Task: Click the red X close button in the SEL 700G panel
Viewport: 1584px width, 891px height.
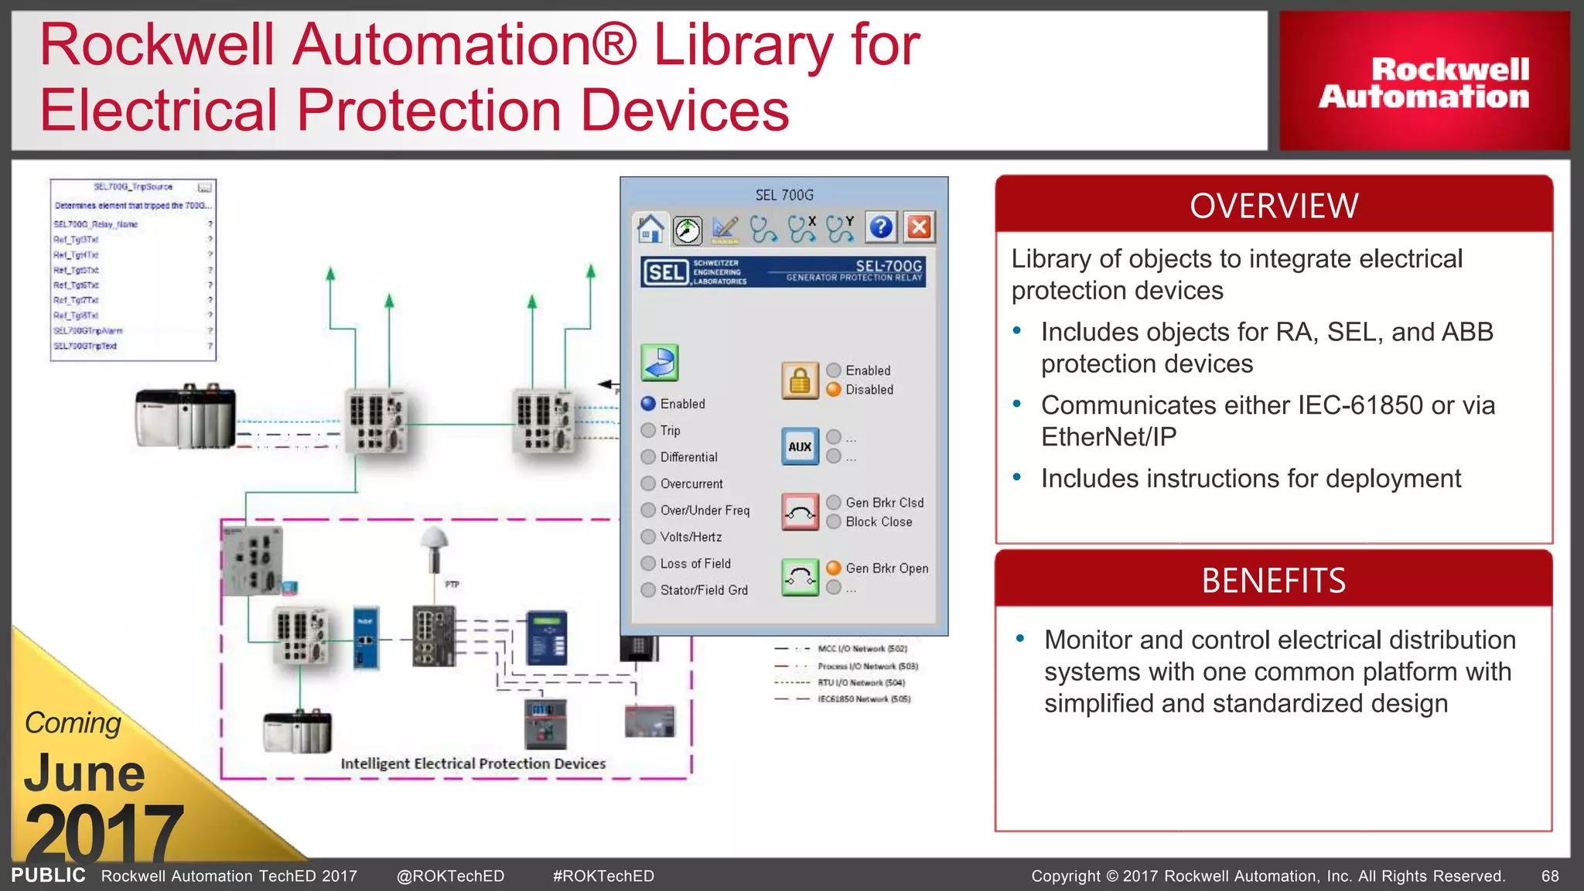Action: point(919,227)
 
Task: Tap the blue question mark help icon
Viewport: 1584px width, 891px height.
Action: point(881,227)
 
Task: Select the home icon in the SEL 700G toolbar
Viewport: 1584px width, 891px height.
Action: point(650,228)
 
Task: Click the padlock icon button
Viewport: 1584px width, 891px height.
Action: point(800,381)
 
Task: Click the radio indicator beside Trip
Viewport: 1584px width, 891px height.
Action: point(648,431)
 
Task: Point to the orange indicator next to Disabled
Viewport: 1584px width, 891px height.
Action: point(834,390)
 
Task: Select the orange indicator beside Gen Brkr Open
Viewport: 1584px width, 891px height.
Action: point(834,568)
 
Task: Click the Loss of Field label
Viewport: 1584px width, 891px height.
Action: point(695,564)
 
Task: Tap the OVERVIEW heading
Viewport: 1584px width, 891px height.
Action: point(1273,206)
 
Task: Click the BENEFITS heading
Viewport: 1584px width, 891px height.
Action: point(1273,580)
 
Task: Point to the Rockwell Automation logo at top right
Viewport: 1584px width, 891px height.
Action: point(1424,83)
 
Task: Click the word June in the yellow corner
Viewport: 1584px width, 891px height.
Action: point(84,773)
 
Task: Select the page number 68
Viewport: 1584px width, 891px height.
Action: point(1550,876)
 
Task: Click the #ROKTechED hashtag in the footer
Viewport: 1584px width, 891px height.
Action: point(603,876)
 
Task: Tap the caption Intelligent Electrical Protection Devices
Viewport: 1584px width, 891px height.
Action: point(473,764)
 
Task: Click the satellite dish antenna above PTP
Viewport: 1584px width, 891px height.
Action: point(435,539)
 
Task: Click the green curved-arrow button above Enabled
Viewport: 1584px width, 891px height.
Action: point(660,363)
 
